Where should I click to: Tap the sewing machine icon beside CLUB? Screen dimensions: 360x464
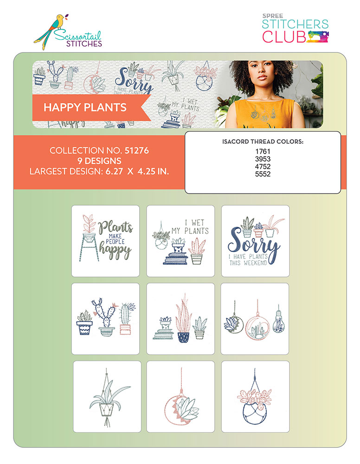pyautogui.click(x=318, y=37)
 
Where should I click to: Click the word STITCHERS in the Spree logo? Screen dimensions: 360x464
pyautogui.click(x=295, y=24)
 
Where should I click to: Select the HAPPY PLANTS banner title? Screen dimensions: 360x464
pyautogui.click(x=85, y=107)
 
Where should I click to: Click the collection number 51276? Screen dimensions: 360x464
pyautogui.click(x=137, y=150)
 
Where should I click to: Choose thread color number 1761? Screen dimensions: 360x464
pyautogui.click(x=263, y=151)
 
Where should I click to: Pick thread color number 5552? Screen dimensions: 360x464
pyautogui.click(x=263, y=174)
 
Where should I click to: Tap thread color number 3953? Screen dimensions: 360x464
pyautogui.click(x=263, y=159)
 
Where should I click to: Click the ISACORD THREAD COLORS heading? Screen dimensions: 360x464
pyautogui.click(x=263, y=142)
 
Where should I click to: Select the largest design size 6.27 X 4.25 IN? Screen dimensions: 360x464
pyautogui.click(x=137, y=171)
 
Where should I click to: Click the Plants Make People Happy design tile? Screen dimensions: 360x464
pyautogui.click(x=105, y=241)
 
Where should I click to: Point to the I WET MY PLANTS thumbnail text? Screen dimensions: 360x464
pyautogui.click(x=191, y=227)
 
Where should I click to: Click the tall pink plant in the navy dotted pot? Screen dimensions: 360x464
pyautogui.click(x=184, y=318)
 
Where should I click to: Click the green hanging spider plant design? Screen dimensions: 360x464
pyautogui.click(x=107, y=397)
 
